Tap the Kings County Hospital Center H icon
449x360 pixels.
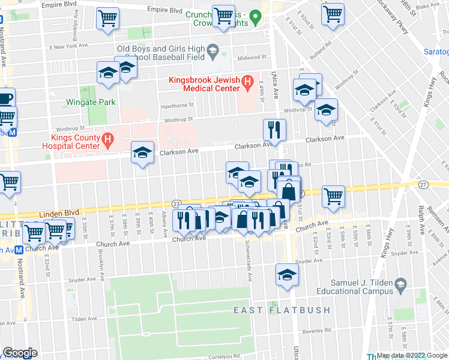pyautogui.click(x=107, y=140)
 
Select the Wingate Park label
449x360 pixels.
pyautogui.click(x=91, y=103)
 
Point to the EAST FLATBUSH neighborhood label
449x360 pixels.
pyautogui.click(x=282, y=310)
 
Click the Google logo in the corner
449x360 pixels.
pyautogui.click(x=19, y=352)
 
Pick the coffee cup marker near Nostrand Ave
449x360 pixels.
pyautogui.click(x=5, y=97)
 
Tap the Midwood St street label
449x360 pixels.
pyautogui.click(x=252, y=58)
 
